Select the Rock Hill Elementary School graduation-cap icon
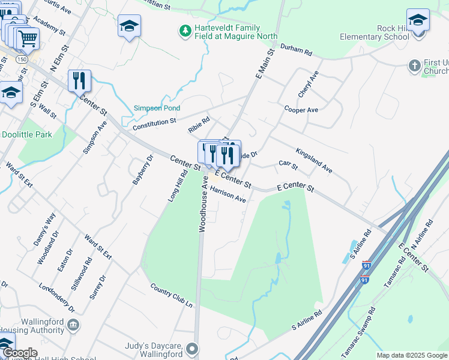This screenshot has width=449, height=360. [418, 19]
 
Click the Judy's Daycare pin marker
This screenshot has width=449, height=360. [192, 349]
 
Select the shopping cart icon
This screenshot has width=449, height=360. [27, 39]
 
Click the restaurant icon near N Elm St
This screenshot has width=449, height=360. [79, 80]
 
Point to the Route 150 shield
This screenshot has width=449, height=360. [22, 59]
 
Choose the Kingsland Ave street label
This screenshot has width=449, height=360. [313, 160]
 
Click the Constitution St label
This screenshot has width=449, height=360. [154, 124]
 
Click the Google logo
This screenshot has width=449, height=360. [20, 353]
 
